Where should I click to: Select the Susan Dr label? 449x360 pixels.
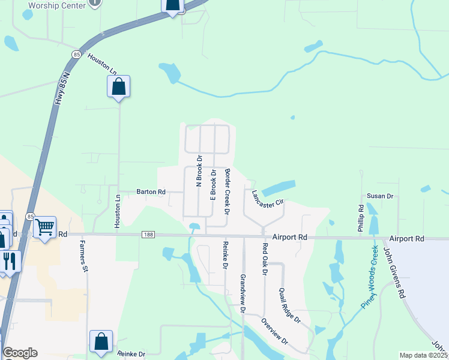coord(379,196)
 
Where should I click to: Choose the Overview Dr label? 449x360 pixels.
coord(274,331)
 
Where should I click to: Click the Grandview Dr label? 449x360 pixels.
coord(243,293)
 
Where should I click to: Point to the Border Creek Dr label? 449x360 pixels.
coord(228,191)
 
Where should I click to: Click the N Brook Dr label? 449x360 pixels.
coord(199,172)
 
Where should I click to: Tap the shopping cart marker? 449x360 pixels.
coord(44,227)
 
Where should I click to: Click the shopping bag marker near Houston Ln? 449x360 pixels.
coord(119,86)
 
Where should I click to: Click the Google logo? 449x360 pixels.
coord(20,353)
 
